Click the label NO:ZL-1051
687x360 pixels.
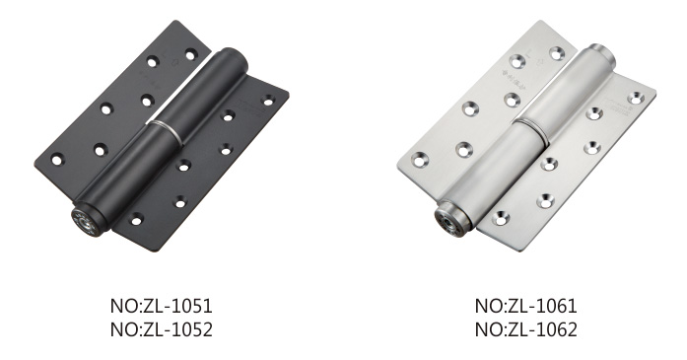tap(162, 306)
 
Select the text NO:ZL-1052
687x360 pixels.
tap(162, 329)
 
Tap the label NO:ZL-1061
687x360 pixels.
tap(525, 306)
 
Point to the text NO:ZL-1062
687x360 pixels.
tap(525, 329)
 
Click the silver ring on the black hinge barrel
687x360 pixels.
tap(167, 130)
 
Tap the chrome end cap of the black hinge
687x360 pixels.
tap(86, 221)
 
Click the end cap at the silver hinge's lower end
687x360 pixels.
tap(449, 218)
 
